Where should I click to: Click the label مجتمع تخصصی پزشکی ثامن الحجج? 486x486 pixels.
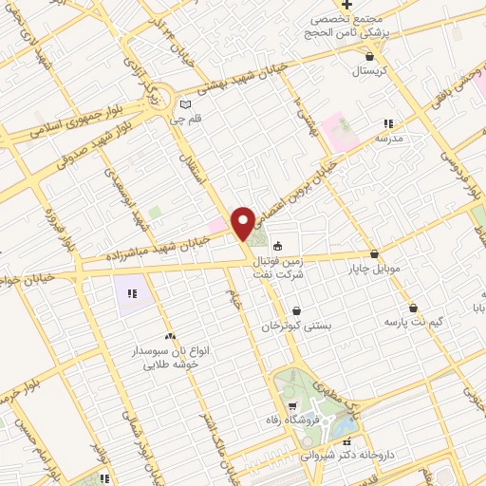click(x=360, y=25)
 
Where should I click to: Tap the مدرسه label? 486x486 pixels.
click(x=389, y=139)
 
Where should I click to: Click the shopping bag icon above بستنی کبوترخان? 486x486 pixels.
click(x=296, y=310)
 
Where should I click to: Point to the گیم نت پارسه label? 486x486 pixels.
click(x=414, y=323)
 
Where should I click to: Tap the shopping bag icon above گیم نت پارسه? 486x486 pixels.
click(x=414, y=308)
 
